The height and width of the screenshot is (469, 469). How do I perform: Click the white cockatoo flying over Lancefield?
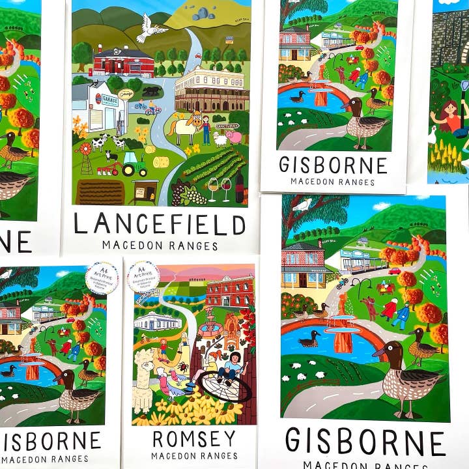coord(151,28)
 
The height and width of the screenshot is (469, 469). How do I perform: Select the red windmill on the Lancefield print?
coord(85,151)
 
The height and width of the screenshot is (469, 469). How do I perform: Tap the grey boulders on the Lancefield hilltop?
coord(203,14)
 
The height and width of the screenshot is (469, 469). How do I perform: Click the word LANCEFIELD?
coord(159,223)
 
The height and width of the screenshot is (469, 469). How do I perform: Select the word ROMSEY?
coord(194,438)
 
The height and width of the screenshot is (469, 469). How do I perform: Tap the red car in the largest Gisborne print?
coord(394,271)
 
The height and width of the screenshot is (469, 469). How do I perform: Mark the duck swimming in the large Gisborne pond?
coord(310,339)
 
